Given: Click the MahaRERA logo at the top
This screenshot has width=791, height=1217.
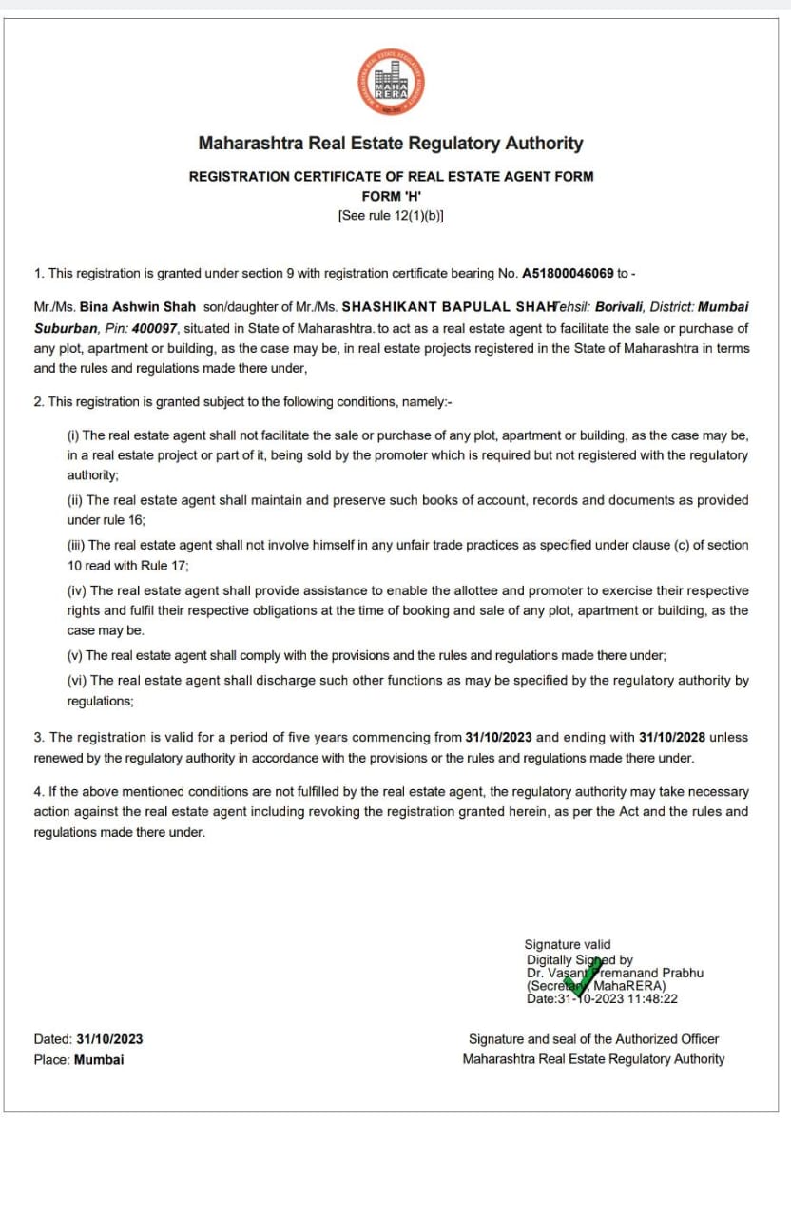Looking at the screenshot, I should [391, 83].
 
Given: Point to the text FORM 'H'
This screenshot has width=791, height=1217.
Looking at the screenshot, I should [391, 196].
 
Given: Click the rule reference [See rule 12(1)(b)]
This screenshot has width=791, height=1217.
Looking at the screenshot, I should [391, 215].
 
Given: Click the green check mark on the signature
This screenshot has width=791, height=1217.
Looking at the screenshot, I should [581, 977].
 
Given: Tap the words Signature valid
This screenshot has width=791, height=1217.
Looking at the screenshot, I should [568, 944].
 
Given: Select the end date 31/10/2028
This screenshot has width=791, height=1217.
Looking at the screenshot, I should [680, 737].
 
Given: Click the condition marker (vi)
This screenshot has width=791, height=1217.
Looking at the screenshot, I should [76, 680].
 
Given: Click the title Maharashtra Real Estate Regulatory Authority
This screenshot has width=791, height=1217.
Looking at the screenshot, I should [391, 144].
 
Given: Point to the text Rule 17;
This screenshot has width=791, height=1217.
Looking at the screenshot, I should [164, 566].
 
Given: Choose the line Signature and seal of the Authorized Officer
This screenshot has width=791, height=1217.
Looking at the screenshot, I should [593, 1039].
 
